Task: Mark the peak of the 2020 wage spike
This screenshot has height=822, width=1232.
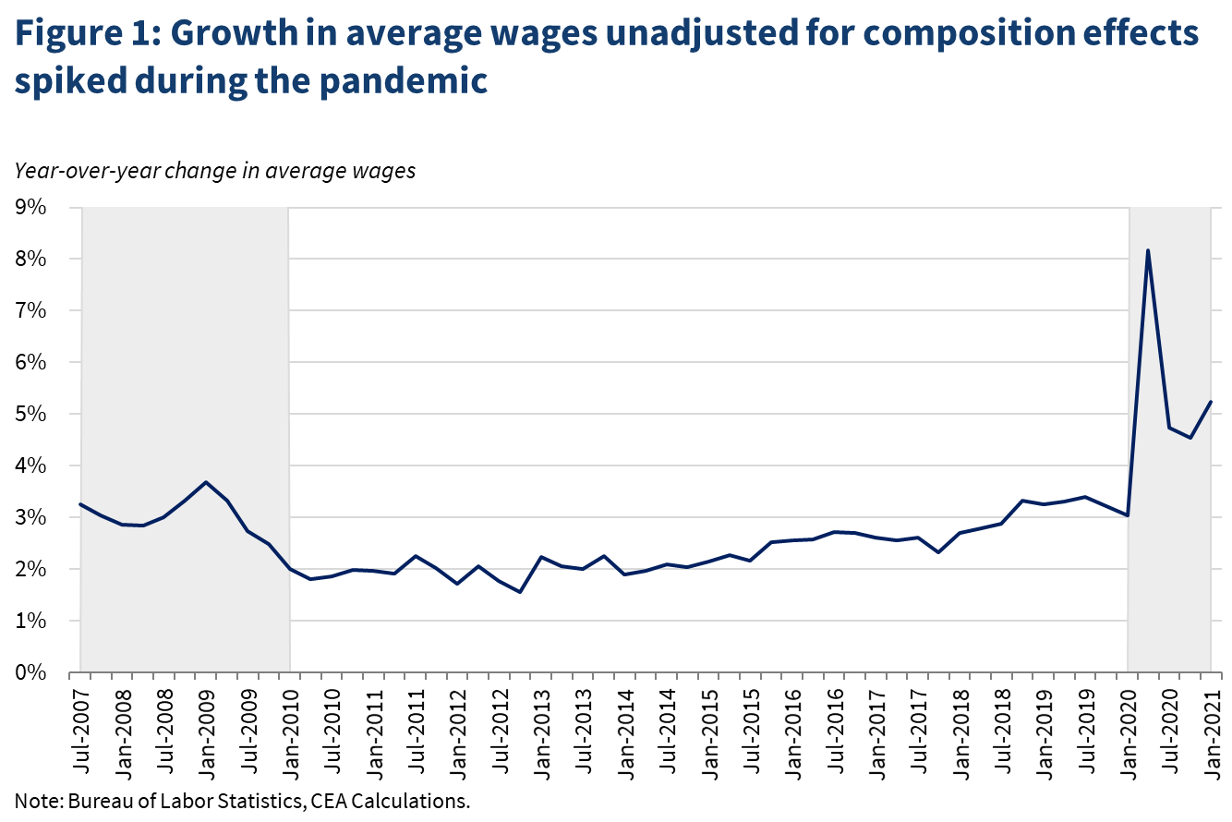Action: [1148, 250]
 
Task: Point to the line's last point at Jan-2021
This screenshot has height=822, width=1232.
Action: [1211, 402]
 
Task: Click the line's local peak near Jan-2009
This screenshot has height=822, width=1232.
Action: [206, 482]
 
